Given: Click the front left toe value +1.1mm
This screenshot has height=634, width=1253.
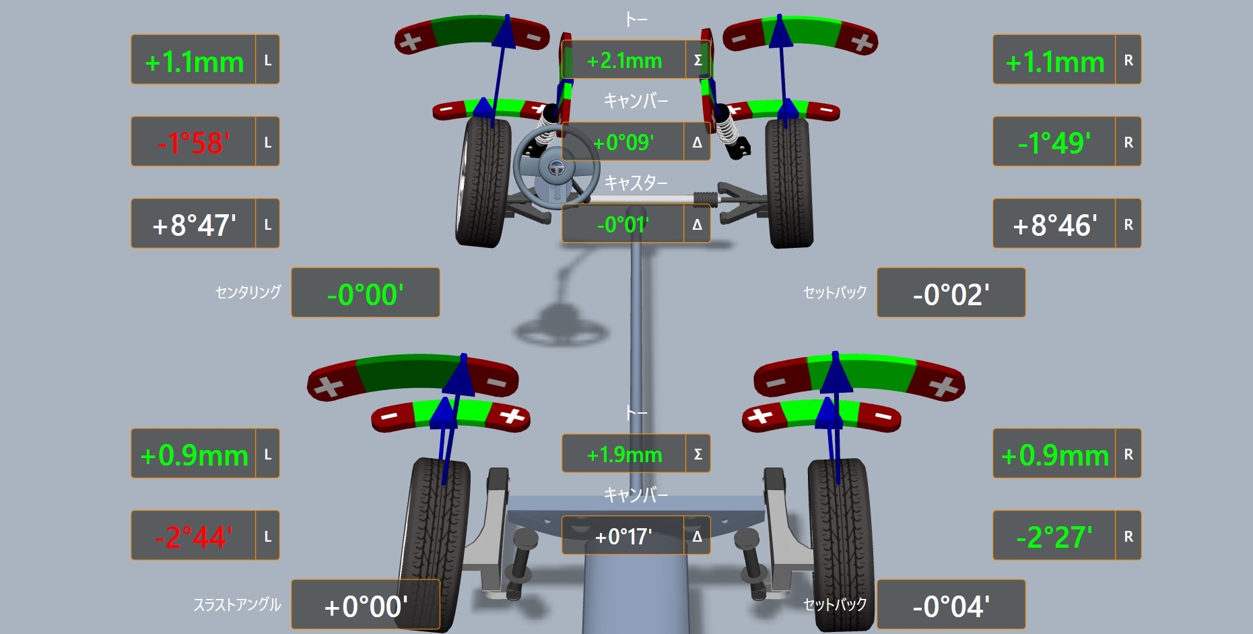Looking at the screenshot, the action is tap(194, 62).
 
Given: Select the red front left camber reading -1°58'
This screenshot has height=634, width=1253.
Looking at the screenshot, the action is tap(194, 143).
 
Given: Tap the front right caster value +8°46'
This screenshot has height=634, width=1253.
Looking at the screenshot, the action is tap(1055, 225).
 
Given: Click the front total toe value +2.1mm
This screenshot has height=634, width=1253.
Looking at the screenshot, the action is tap(624, 61).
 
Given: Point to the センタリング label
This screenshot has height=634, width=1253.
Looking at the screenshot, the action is tap(248, 292).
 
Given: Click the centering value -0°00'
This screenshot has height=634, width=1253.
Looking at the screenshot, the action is tap(365, 294).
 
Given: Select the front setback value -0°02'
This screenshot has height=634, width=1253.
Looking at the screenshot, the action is tap(951, 294).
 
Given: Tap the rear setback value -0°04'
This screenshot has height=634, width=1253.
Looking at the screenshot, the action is tap(951, 606).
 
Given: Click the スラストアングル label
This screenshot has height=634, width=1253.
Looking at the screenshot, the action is tap(237, 604).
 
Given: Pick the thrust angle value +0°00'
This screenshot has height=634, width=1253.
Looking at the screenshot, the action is tap(366, 606).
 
